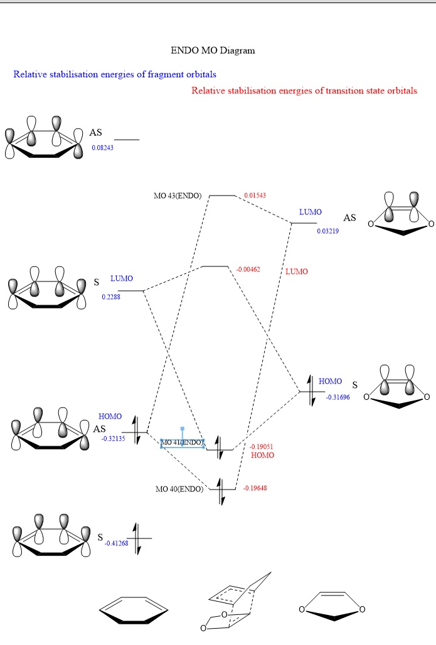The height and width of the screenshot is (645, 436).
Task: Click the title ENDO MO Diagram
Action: point(213,51)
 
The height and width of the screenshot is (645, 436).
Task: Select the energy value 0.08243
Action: point(102,148)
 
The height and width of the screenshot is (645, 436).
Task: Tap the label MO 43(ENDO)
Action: point(178,196)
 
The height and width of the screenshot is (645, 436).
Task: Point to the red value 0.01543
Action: point(255,196)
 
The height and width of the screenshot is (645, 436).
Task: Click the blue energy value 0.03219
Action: point(327,231)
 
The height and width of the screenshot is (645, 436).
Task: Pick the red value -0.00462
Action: point(248,270)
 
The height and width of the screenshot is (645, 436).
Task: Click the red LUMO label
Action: point(297,271)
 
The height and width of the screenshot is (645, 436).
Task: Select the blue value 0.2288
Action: point(111,297)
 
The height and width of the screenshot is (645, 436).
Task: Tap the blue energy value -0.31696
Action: point(338,397)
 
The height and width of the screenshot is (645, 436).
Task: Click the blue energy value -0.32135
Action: point(113,439)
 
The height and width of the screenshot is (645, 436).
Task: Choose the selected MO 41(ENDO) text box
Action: point(182,443)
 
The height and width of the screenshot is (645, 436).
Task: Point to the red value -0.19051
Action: point(261,447)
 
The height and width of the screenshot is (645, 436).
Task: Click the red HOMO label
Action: point(263,455)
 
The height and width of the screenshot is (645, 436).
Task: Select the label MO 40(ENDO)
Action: point(179,489)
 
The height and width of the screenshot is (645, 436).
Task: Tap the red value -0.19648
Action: point(255,488)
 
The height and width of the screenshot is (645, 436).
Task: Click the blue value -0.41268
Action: point(117,543)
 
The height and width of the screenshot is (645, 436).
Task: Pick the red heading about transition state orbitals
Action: point(304,91)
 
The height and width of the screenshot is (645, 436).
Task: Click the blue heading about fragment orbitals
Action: point(115,75)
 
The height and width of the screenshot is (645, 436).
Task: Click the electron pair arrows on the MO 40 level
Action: point(221,491)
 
